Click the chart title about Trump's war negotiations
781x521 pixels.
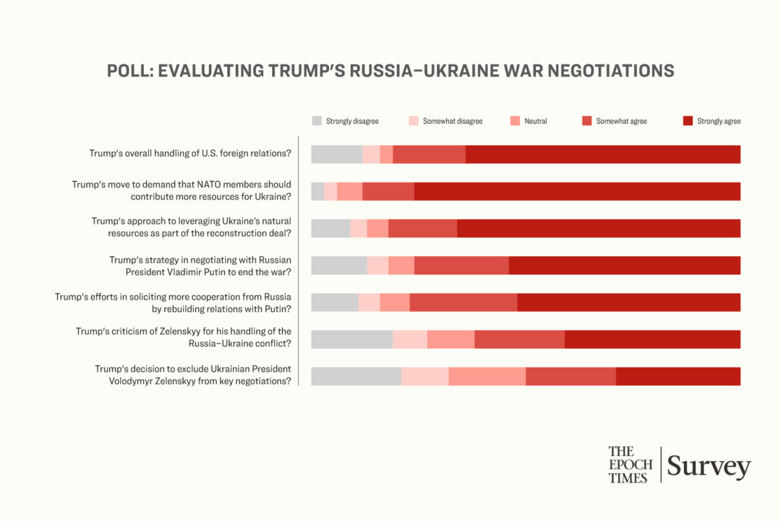point(390,71)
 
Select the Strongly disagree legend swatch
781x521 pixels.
point(317,121)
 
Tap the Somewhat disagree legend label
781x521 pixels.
point(452,121)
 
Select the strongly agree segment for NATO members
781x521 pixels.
point(577,191)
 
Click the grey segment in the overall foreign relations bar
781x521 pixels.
point(336,154)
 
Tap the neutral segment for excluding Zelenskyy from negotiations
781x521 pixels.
point(487,376)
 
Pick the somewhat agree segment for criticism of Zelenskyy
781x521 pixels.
point(519,339)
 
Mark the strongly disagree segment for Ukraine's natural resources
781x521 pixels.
point(330,228)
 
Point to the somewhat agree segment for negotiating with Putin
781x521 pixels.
point(461,265)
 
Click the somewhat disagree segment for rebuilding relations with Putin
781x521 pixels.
point(369,302)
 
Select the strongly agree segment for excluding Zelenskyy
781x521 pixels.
point(678,376)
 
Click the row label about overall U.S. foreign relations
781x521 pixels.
point(190,153)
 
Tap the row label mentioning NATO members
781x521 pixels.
point(182,190)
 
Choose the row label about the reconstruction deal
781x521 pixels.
point(191,227)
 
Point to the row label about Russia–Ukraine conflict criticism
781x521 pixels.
point(184,337)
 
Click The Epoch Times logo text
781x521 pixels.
point(630,465)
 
